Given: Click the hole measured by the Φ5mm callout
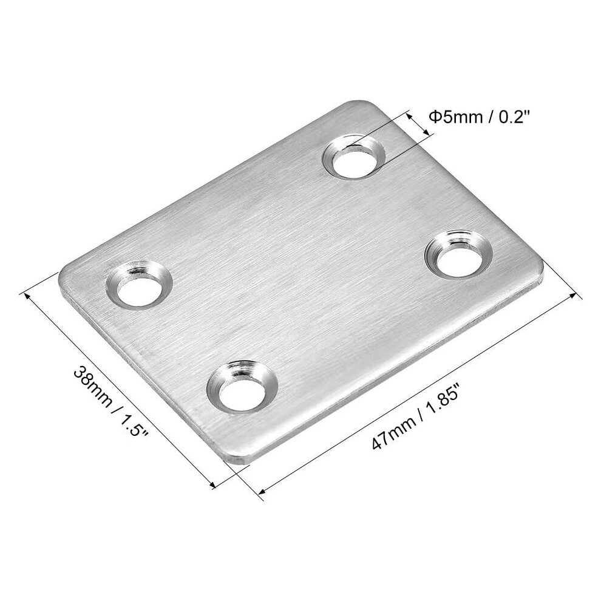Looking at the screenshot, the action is click(x=354, y=157).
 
